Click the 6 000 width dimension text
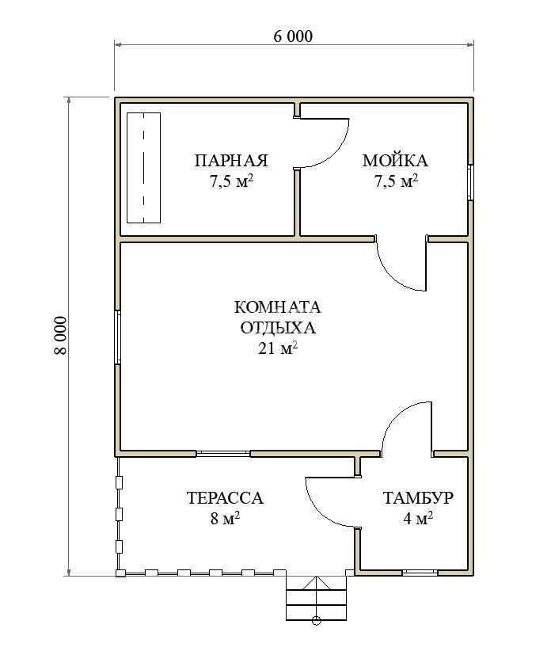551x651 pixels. (293, 36)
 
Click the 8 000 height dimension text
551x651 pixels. (60, 335)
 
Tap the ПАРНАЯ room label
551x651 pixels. (231, 161)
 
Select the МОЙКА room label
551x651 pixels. (395, 160)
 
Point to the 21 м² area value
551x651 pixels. (278, 348)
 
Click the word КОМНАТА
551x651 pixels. (278, 307)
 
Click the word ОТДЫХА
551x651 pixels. (278, 328)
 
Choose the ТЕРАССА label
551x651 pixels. (225, 498)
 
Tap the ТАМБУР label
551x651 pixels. (418, 497)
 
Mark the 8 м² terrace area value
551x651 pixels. (225, 518)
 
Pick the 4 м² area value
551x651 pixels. (418, 518)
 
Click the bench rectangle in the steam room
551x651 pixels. (143, 168)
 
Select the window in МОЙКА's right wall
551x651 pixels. (470, 183)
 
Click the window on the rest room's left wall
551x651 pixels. (118, 337)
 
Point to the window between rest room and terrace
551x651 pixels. (223, 453)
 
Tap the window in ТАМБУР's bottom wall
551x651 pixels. (420, 573)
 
